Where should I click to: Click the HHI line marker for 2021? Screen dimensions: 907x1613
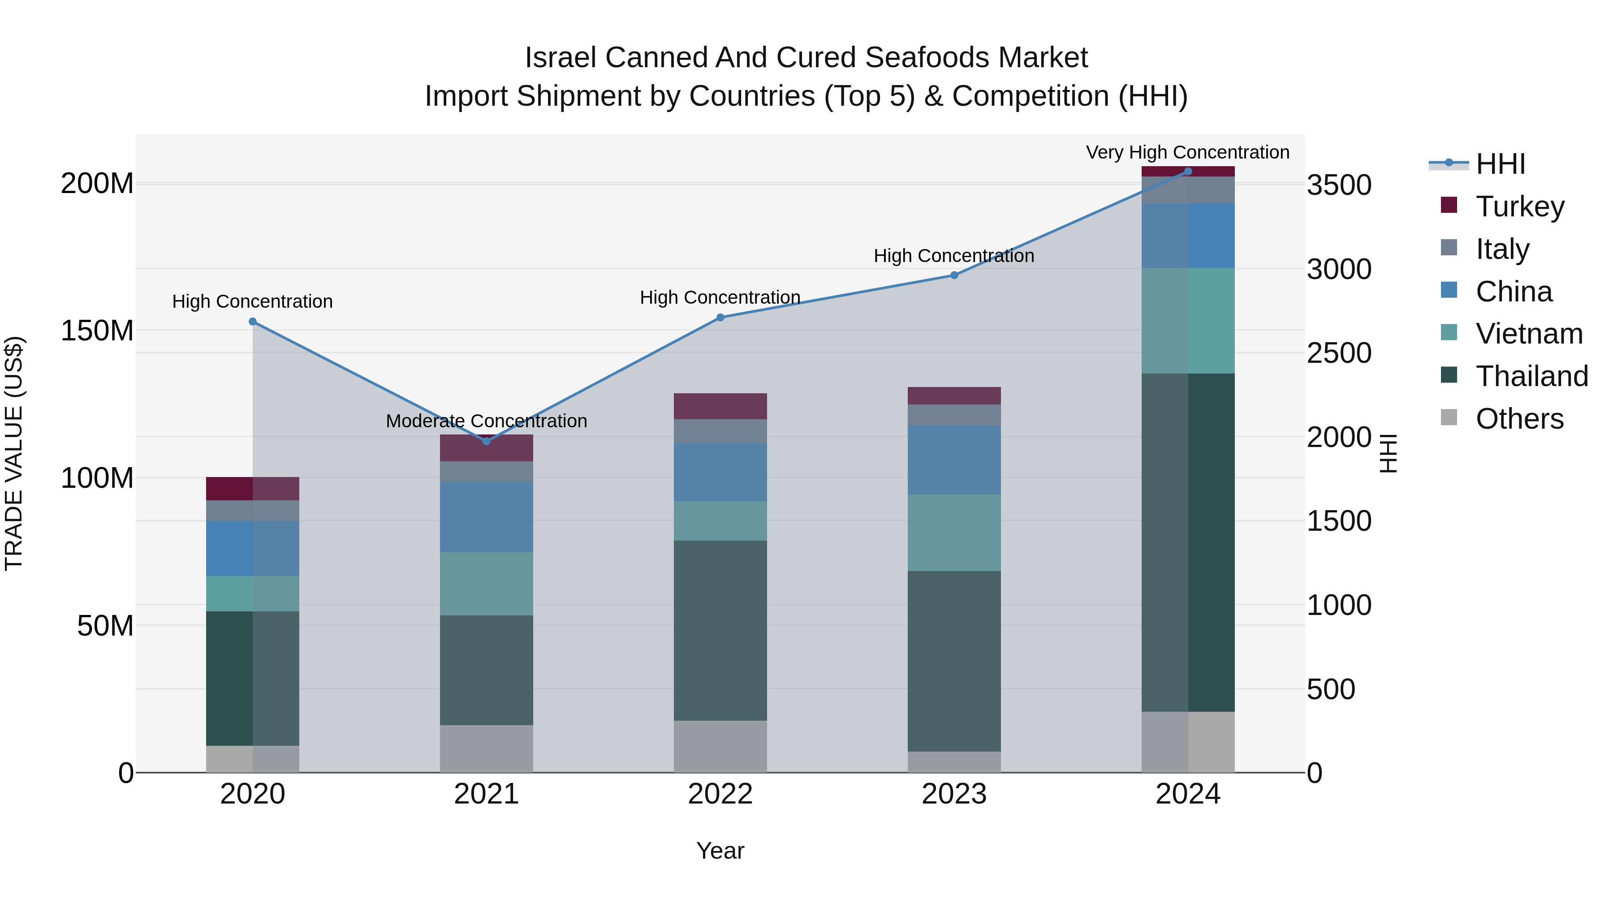coord(487,441)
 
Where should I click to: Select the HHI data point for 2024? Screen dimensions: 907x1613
coord(1188,172)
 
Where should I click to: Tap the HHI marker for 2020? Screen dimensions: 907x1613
coord(252,322)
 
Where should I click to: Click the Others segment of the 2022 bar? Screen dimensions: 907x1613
coord(720,746)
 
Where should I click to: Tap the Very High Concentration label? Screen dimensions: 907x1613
coord(1187,153)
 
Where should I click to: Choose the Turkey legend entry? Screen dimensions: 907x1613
coord(1520,206)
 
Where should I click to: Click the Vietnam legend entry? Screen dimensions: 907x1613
coord(1528,334)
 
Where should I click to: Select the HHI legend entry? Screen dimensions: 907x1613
coord(1500,164)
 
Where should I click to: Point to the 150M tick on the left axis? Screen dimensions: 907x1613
coord(97,331)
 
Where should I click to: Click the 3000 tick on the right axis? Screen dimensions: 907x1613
coord(1339,270)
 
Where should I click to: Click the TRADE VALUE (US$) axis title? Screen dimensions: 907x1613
coord(14,453)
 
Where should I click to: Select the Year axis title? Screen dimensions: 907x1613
coord(720,851)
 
